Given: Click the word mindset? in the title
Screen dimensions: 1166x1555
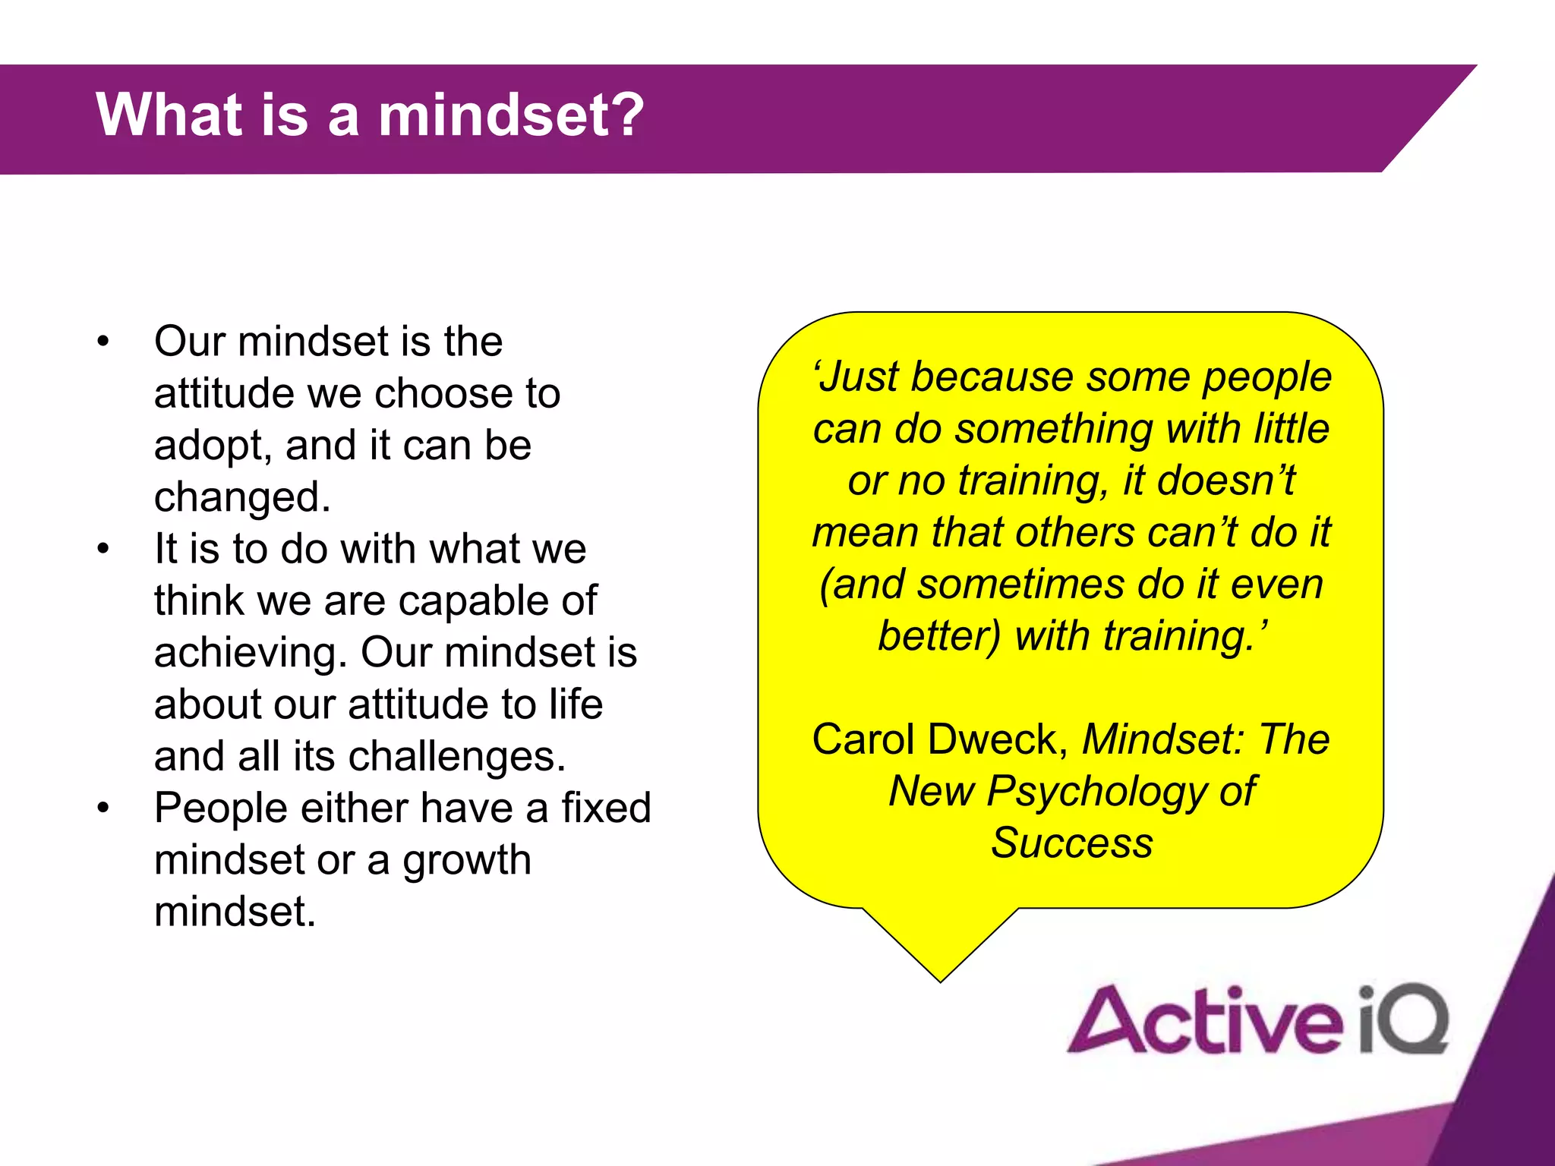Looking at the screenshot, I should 511,115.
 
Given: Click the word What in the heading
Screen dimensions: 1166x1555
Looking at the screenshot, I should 163,115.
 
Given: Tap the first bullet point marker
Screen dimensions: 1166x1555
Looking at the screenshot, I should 103,342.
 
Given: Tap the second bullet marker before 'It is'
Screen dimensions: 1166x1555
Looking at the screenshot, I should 103,549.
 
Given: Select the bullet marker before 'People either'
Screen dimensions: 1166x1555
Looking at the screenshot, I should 103,808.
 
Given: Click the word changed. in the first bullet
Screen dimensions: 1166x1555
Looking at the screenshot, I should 242,497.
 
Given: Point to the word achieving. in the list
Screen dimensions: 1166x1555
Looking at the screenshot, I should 250,653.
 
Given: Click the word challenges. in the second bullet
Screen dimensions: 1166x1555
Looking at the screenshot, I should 457,756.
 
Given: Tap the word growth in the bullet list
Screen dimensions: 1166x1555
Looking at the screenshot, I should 466,860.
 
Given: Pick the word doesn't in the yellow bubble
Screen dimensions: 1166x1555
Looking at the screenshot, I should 1225,481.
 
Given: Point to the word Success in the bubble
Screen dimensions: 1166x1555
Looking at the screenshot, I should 1071,843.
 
